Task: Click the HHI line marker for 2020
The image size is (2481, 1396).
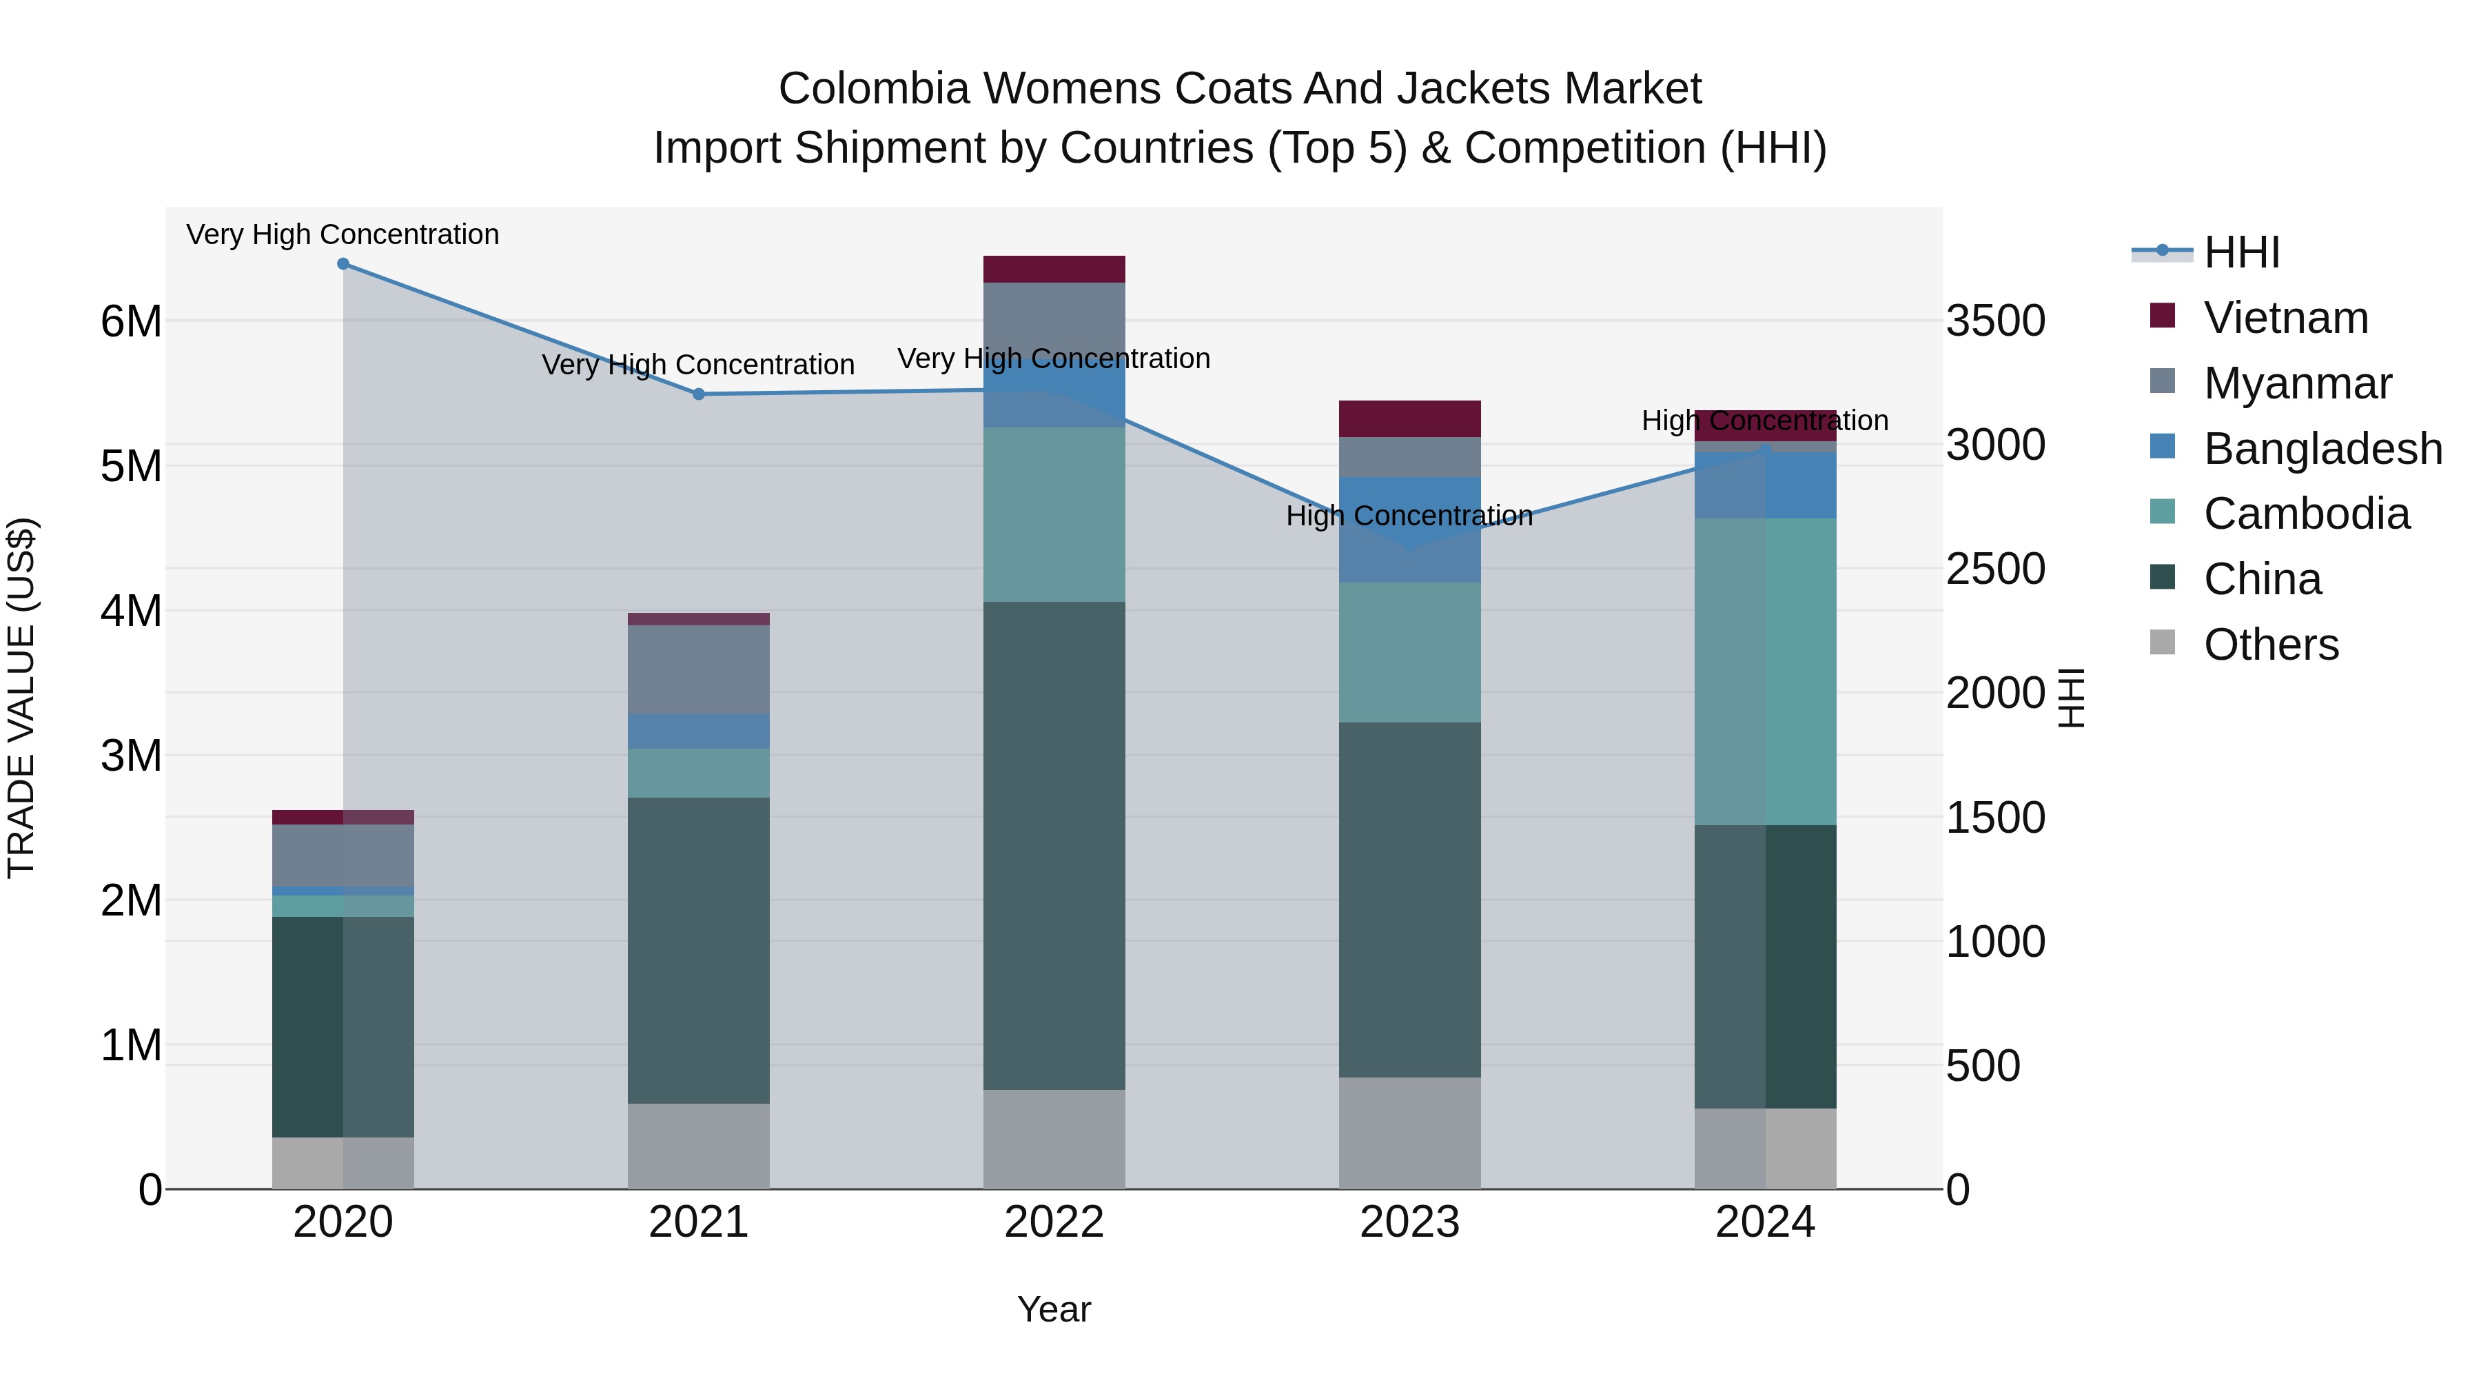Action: click(x=343, y=264)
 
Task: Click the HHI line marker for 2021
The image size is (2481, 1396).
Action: click(x=700, y=394)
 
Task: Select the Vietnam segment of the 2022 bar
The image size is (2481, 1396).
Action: click(x=1054, y=269)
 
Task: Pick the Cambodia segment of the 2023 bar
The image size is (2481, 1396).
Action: click(x=1409, y=652)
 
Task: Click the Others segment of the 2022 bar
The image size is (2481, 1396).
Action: click(x=1054, y=1139)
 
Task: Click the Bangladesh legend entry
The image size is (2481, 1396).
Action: click(x=2322, y=449)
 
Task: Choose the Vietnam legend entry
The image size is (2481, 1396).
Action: click(x=2285, y=318)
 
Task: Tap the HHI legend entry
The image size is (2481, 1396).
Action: click(x=2241, y=252)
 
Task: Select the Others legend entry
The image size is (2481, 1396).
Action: click(x=2270, y=645)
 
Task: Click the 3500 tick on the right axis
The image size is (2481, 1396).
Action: click(x=1994, y=321)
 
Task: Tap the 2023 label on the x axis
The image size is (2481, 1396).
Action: click(x=1409, y=1222)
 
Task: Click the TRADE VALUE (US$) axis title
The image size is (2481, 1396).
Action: click(x=21, y=698)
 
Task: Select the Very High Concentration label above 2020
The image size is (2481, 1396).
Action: click(x=343, y=234)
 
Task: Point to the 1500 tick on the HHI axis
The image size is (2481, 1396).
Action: click(x=1994, y=818)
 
